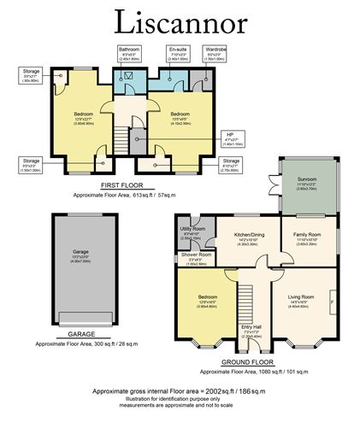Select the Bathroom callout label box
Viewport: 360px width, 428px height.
(x=130, y=55)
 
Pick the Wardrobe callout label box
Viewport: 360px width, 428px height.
(x=214, y=55)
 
